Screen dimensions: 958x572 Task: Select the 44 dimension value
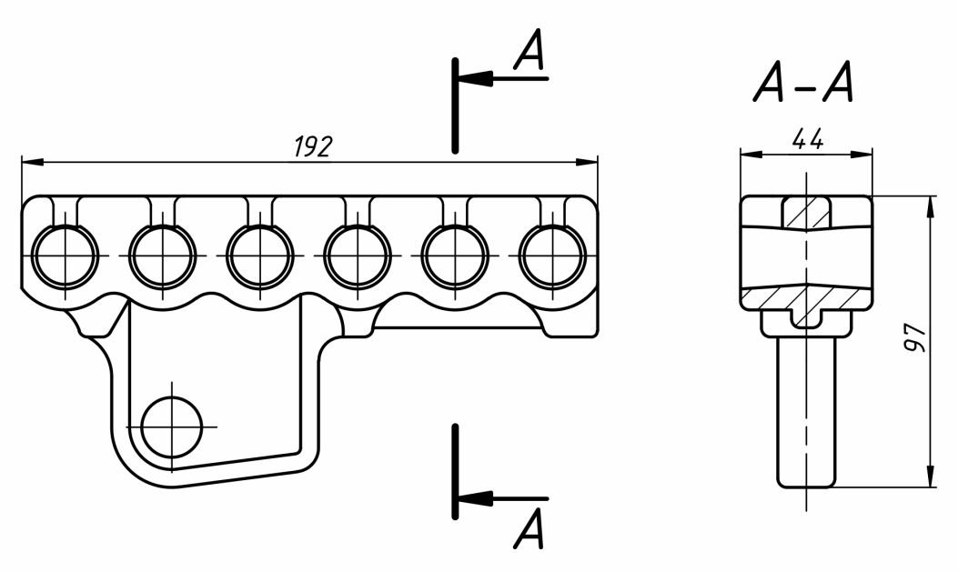tap(807, 140)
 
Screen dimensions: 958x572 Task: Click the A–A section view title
tap(802, 83)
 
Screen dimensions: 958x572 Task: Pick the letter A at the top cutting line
tap(529, 49)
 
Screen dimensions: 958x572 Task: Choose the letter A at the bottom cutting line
tap(529, 528)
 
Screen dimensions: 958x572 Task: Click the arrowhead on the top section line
tap(475, 78)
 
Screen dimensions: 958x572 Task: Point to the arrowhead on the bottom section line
tap(475, 497)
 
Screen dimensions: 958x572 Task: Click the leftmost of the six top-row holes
tap(65, 256)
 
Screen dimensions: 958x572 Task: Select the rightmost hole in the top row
tap(553, 256)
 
